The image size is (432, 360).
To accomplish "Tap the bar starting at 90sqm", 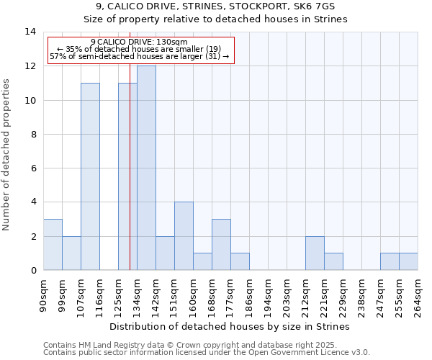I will (x=53, y=245).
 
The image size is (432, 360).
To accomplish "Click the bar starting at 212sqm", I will (x=315, y=253).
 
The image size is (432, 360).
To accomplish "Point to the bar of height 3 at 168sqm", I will (x=221, y=245).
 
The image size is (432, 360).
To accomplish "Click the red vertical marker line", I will (x=130, y=180).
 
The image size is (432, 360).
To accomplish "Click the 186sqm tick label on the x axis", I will (x=249, y=295).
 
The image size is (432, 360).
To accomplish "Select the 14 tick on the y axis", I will (x=30, y=32).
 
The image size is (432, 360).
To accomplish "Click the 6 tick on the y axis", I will (x=32, y=168).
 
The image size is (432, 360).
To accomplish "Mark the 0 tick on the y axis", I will (x=32, y=271).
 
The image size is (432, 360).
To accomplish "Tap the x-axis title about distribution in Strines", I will (x=230, y=326).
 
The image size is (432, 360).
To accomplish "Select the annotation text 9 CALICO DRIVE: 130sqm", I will (x=140, y=42).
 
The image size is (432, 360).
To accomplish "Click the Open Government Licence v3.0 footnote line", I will (x=207, y=353).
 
